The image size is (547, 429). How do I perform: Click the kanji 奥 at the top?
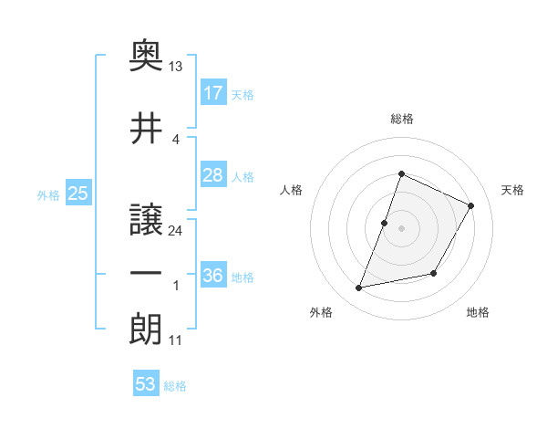(147, 56)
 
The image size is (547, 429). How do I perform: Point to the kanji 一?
(147, 275)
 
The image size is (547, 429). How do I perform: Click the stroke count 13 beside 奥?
(176, 68)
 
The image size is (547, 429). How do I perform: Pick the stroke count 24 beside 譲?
(176, 231)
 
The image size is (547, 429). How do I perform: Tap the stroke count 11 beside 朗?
(175, 340)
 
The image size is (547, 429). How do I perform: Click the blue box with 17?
(213, 93)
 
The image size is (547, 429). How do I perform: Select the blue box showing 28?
(213, 175)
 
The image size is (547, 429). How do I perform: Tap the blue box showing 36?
(213, 276)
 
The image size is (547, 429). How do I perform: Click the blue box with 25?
(77, 194)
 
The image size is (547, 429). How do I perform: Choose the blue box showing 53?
(146, 384)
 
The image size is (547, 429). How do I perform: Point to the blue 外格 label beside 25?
(48, 194)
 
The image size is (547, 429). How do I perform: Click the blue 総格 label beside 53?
(175, 386)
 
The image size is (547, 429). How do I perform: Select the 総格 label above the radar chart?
(401, 119)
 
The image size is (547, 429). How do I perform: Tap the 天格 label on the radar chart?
(513, 190)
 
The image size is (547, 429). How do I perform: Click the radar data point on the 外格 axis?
(359, 288)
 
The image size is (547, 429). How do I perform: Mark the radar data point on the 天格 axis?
(471, 205)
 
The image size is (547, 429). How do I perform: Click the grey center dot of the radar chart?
(401, 228)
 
